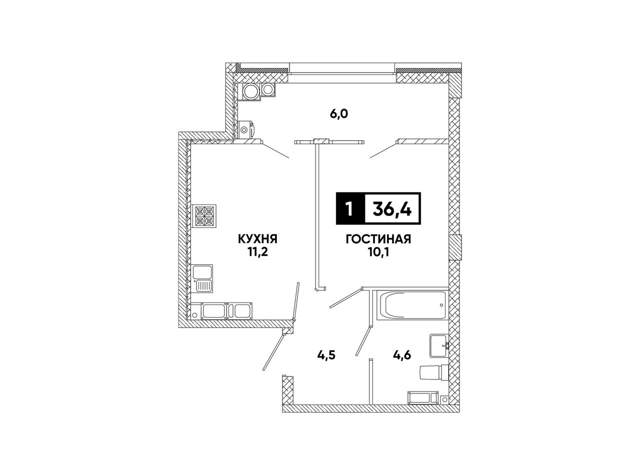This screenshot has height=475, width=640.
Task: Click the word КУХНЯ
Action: pos(257,239)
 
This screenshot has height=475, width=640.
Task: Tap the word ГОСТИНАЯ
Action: pos(378,239)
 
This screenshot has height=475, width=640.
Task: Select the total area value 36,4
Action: pos(392,208)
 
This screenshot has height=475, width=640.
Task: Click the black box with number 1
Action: pos(350,208)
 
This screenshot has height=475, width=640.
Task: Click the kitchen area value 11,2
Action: pos(257,252)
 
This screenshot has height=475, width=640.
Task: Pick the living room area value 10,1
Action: pos(378,252)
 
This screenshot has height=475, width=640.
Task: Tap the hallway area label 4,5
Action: pos(326,355)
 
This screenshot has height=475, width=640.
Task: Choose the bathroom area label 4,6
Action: pos(401,354)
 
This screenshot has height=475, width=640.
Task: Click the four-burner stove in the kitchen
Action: pos(205,216)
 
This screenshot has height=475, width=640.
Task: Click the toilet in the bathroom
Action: pos(433,372)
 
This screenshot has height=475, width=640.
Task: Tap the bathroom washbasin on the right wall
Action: pos(439,345)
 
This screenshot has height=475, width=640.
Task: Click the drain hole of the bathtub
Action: pos(441,305)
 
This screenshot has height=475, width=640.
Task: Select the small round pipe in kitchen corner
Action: pos(194,315)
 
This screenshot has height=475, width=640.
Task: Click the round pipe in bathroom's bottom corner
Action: pos(444,399)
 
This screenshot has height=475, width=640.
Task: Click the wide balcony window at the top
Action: pos(342,68)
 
